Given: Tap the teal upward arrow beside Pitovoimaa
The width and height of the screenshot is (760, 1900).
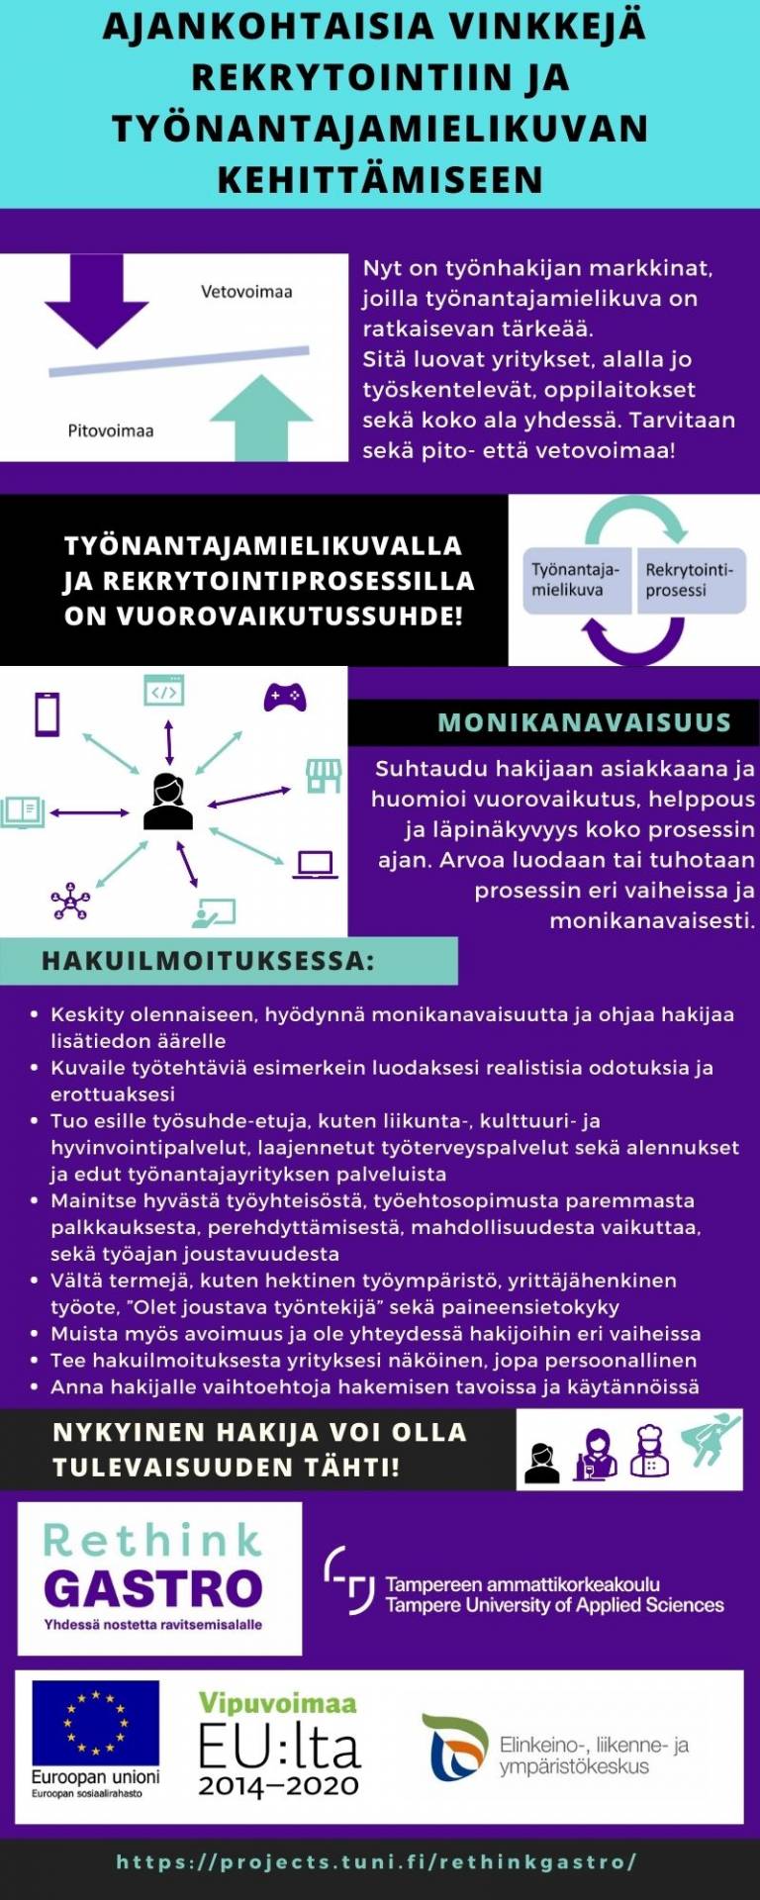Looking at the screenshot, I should (x=261, y=418).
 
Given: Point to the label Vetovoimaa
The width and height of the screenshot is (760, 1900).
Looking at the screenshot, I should (x=246, y=291).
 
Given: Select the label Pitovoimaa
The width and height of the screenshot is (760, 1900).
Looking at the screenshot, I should (x=110, y=430).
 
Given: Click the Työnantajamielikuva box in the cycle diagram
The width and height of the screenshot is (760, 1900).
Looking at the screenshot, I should (x=576, y=580).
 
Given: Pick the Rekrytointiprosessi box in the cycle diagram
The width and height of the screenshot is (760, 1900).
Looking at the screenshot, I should (x=690, y=580).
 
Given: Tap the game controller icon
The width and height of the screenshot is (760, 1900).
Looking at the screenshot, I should (x=285, y=697).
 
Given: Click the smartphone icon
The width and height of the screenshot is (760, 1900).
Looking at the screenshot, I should (x=47, y=712).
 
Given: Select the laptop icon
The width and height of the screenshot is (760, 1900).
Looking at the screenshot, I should (x=316, y=864).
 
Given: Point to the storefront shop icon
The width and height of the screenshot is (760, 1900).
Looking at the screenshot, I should (x=323, y=775).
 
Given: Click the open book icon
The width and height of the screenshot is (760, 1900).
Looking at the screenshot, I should (x=24, y=811).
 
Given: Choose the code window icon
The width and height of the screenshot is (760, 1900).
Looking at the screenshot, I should (x=164, y=691).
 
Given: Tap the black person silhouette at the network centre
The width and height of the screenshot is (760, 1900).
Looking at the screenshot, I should (x=168, y=802).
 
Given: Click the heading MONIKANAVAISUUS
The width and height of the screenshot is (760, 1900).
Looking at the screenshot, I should (x=584, y=722).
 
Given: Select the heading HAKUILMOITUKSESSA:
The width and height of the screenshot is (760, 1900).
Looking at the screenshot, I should (x=208, y=961).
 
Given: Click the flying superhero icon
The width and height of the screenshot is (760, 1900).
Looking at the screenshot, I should (x=711, y=1440).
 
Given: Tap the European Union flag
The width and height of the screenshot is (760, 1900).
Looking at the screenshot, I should (x=95, y=1723).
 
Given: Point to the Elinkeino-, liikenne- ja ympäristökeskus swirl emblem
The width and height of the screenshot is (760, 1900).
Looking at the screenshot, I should (x=455, y=1747).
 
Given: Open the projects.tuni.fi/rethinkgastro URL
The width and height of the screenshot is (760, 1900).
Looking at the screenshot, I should (x=376, y=1861).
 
